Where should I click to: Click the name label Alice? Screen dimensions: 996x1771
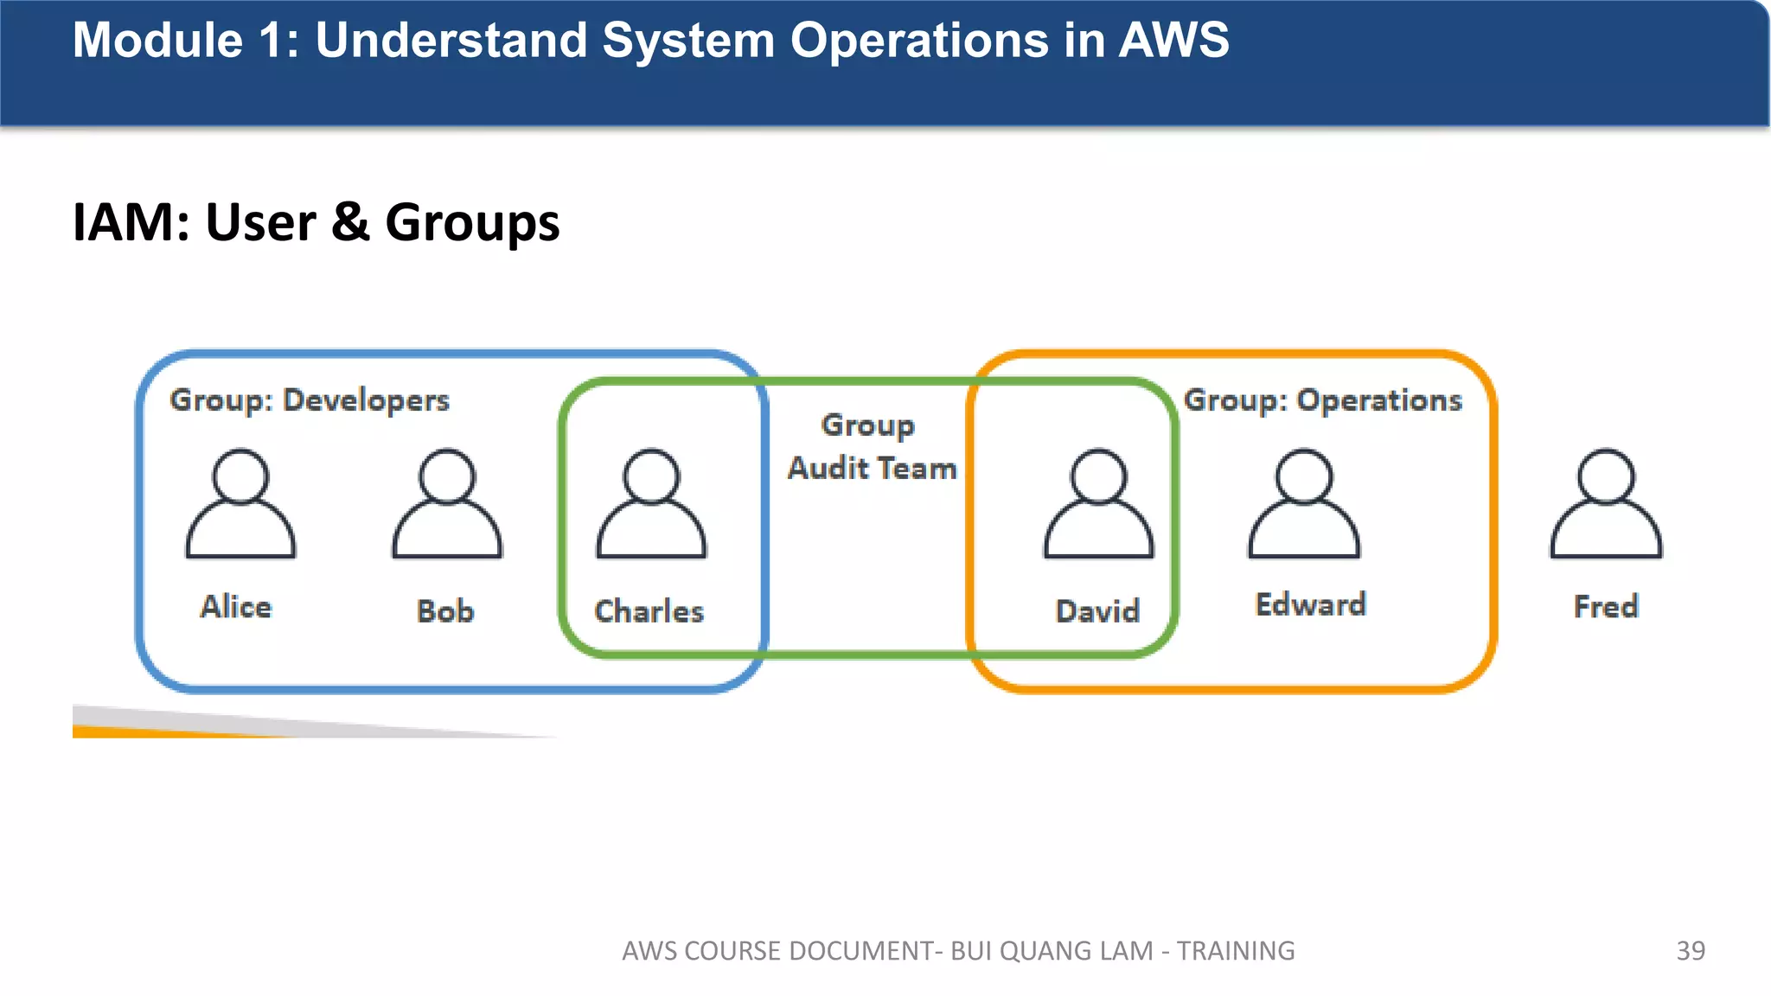point(236,606)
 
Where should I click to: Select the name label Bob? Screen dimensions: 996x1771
point(445,610)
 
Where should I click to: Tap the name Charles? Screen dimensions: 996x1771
point(649,610)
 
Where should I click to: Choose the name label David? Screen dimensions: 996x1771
point(1098,610)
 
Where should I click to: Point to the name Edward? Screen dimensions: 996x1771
point(1311,603)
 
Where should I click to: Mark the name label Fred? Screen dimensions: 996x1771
point(1606,606)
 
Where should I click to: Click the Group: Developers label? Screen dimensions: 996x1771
point(310,400)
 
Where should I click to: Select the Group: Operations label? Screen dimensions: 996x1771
point(1323,400)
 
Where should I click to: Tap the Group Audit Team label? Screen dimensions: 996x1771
point(872,446)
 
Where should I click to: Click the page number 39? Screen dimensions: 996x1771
point(1691,950)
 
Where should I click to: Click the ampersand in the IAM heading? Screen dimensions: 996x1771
point(350,221)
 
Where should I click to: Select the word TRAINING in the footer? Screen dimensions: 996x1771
point(1236,950)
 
